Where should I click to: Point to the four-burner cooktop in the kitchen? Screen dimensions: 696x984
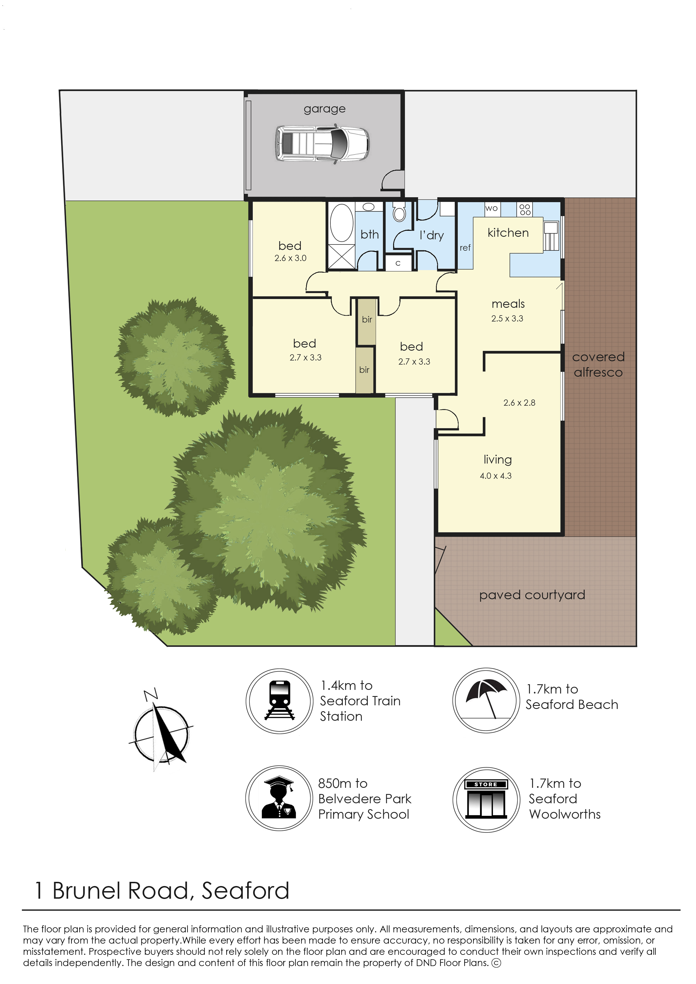pos(525,209)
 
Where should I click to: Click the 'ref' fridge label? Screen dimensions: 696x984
pos(465,248)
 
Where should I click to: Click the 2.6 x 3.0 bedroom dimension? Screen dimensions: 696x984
pos(291,258)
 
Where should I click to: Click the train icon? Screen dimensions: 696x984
pos(279,701)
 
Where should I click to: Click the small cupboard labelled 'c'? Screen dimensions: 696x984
pos(398,263)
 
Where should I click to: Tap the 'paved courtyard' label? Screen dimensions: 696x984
pos(532,595)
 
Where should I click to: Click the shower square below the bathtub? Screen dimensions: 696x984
pos(342,257)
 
